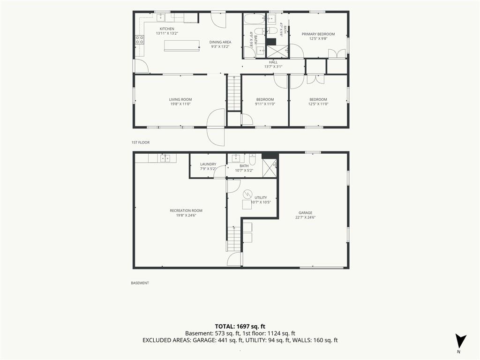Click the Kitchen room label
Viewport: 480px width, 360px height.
pyautogui.click(x=167, y=29)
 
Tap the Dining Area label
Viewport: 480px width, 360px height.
pyautogui.click(x=220, y=42)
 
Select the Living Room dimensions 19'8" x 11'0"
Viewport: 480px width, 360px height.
pyautogui.click(x=180, y=104)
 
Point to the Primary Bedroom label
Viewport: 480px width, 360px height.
pyautogui.click(x=318, y=34)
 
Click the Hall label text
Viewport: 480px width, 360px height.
pyautogui.click(x=273, y=62)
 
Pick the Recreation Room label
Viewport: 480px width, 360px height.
pyautogui.click(x=186, y=210)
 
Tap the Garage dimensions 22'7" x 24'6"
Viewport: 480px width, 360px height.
pyautogui.click(x=306, y=217)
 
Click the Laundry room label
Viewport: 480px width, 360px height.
pyautogui.click(x=208, y=165)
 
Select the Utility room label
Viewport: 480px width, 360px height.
pyautogui.click(x=261, y=198)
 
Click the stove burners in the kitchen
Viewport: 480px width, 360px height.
pyautogui.click(x=140, y=40)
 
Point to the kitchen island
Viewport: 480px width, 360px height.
pyautogui.click(x=182, y=45)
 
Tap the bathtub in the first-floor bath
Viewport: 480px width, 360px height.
pyautogui.click(x=254, y=19)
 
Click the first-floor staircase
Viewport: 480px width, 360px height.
pyautogui.click(x=234, y=93)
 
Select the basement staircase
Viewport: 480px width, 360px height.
pyautogui.click(x=234, y=239)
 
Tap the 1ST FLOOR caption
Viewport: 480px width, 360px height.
pyautogui.click(x=141, y=142)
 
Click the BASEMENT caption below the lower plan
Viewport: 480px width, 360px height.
pyautogui.click(x=140, y=283)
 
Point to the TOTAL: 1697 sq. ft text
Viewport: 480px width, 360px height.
pyautogui.click(x=240, y=326)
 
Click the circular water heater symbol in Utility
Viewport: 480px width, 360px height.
pyautogui.click(x=247, y=194)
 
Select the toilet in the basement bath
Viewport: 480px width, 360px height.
pyautogui.click(x=252, y=159)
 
